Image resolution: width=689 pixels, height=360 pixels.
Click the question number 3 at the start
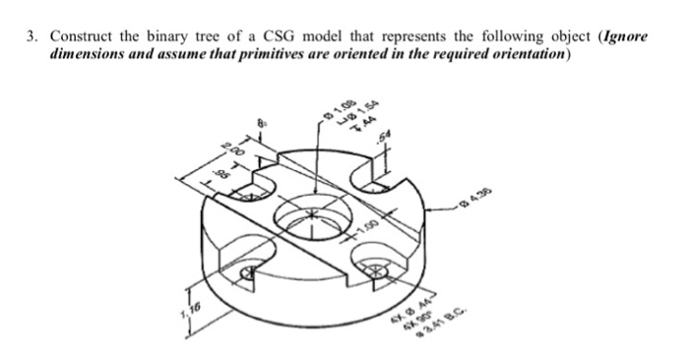click(x=31, y=37)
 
